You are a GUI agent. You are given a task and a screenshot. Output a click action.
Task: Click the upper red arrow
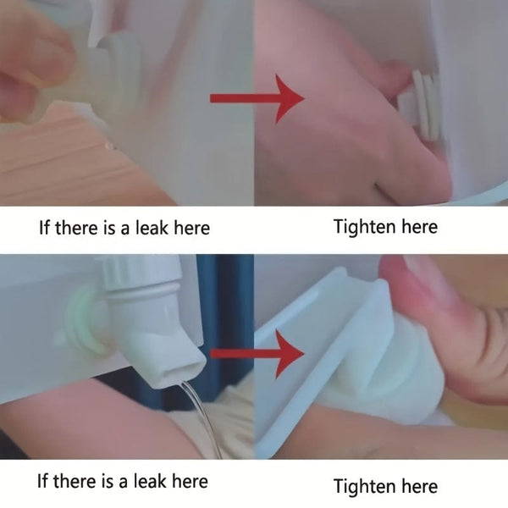(257, 98)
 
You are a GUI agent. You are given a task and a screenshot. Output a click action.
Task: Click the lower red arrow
(257, 354)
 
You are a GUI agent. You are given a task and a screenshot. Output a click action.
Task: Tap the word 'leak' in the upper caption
(152, 228)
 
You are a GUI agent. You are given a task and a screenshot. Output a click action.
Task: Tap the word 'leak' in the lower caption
(151, 481)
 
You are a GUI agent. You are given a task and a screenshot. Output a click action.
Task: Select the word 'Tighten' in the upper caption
(364, 227)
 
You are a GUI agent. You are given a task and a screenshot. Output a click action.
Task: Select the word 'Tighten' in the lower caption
(364, 486)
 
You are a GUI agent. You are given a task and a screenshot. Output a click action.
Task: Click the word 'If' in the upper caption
(44, 228)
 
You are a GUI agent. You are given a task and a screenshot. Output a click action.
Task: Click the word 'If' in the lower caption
(43, 481)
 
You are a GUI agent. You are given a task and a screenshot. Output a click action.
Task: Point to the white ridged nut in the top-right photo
(420, 103)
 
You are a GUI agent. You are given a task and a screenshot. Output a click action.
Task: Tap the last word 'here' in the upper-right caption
(420, 227)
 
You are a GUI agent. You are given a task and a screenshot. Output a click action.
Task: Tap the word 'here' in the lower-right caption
(420, 486)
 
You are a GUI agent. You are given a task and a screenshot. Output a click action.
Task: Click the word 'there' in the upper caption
(76, 228)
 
